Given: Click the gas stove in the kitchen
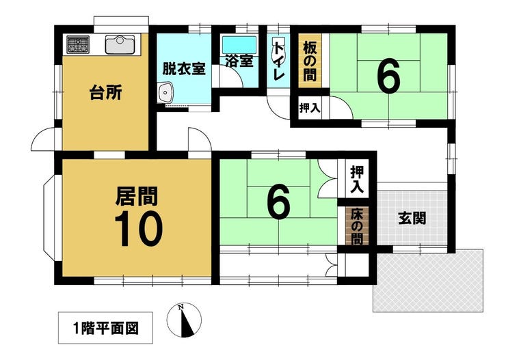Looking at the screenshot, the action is click(x=78, y=44).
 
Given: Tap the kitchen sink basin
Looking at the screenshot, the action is click(x=120, y=44).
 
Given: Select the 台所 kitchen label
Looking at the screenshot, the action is click(x=105, y=93).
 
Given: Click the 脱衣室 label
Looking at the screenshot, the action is click(x=184, y=68).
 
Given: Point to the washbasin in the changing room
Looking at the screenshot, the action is click(x=165, y=92).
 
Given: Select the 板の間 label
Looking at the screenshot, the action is click(x=310, y=62).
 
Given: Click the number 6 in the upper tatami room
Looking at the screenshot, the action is click(x=389, y=76).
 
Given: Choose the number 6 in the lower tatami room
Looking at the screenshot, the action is click(x=279, y=202).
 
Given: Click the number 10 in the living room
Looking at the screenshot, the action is click(x=138, y=229).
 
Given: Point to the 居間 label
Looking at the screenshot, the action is click(x=137, y=196).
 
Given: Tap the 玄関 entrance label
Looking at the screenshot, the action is click(x=412, y=218).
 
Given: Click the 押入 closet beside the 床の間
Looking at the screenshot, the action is click(x=357, y=179).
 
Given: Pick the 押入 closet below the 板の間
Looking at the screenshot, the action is click(x=310, y=108).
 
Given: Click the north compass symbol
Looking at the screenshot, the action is click(x=184, y=320).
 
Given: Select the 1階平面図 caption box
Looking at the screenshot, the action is click(x=105, y=328).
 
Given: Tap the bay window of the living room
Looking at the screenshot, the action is click(x=49, y=217).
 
